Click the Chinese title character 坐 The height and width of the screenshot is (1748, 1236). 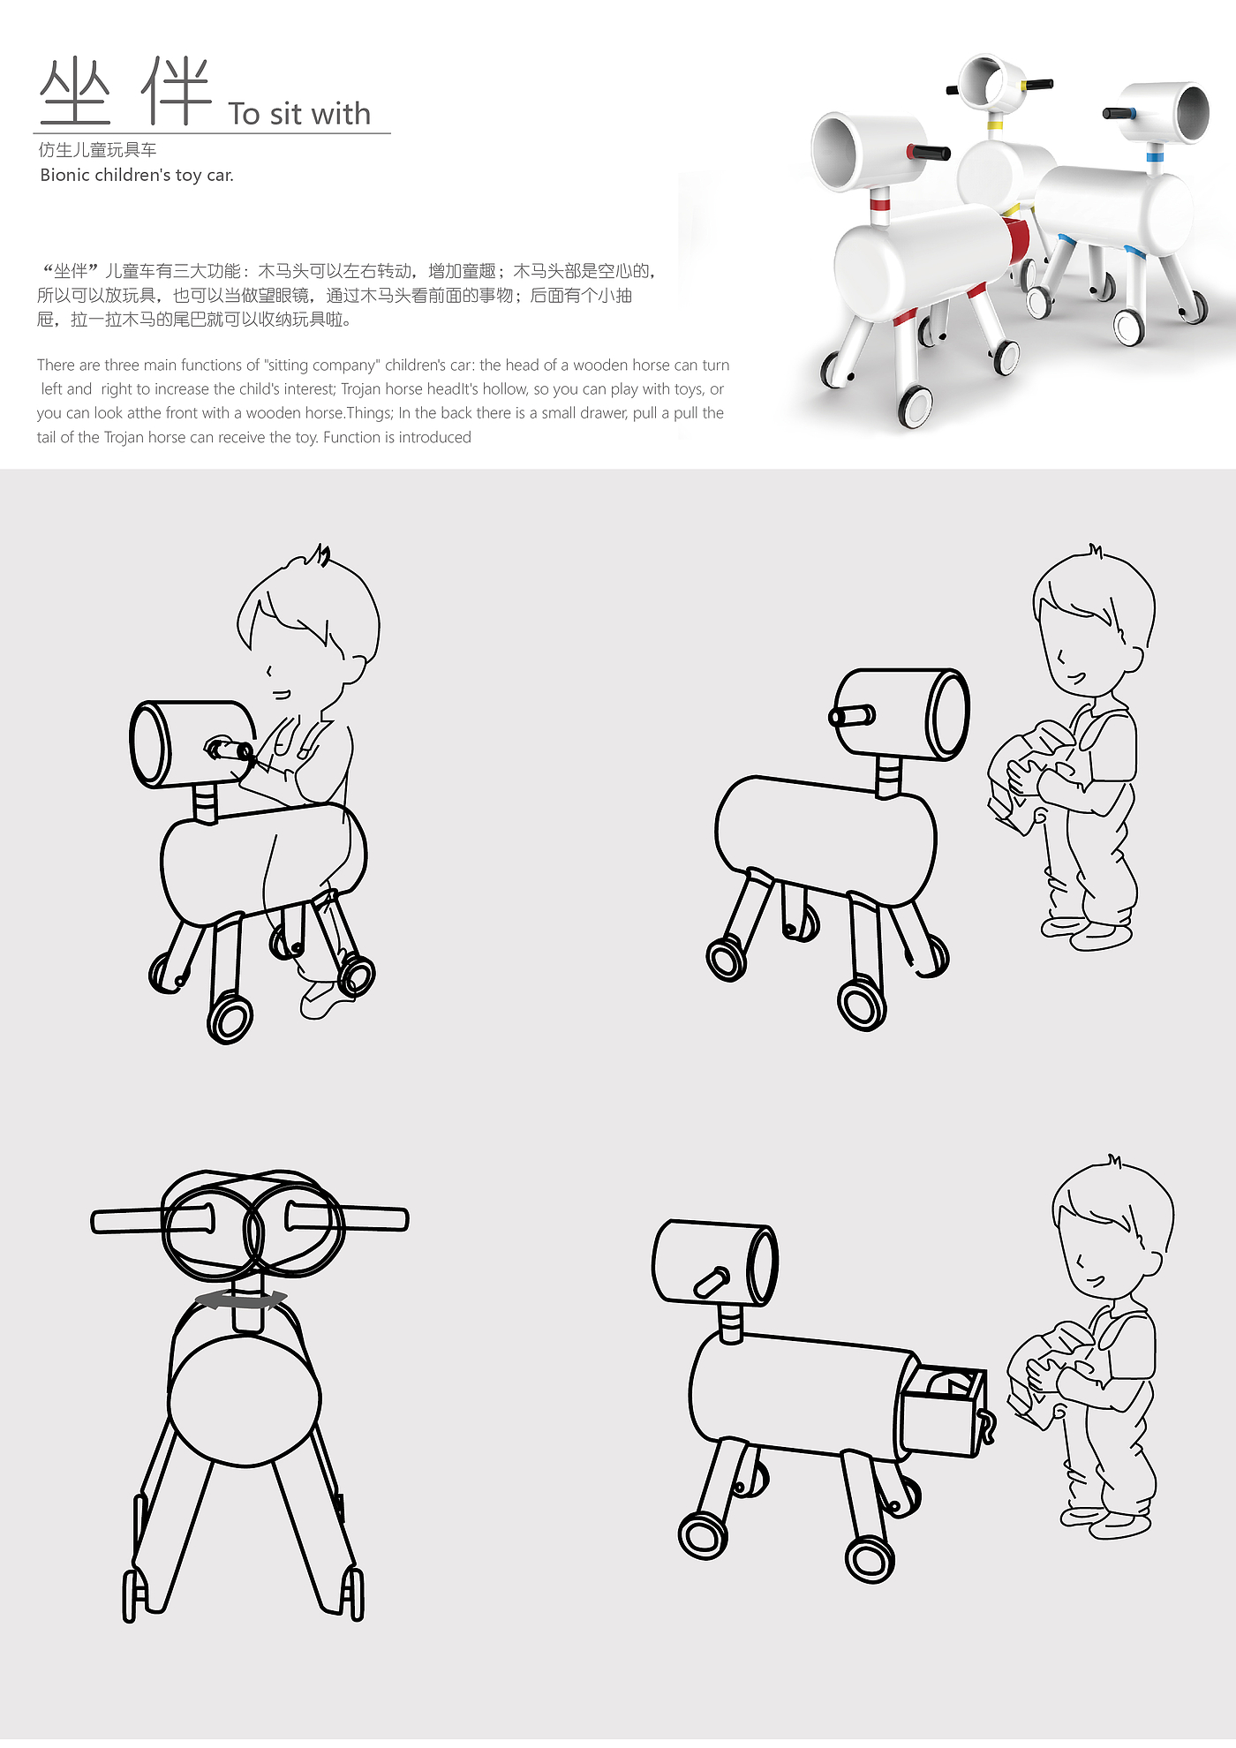click(76, 91)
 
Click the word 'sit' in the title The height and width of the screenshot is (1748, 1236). click(285, 114)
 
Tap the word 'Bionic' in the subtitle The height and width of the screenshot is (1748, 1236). click(65, 175)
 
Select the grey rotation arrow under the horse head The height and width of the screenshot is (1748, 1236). click(241, 1298)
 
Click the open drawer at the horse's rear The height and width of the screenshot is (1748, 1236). click(940, 1409)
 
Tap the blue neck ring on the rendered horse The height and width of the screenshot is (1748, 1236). click(1154, 157)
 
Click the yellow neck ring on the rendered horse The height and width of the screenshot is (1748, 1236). click(995, 124)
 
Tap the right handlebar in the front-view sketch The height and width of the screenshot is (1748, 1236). click(346, 1218)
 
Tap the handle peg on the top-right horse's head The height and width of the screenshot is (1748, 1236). click(852, 715)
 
